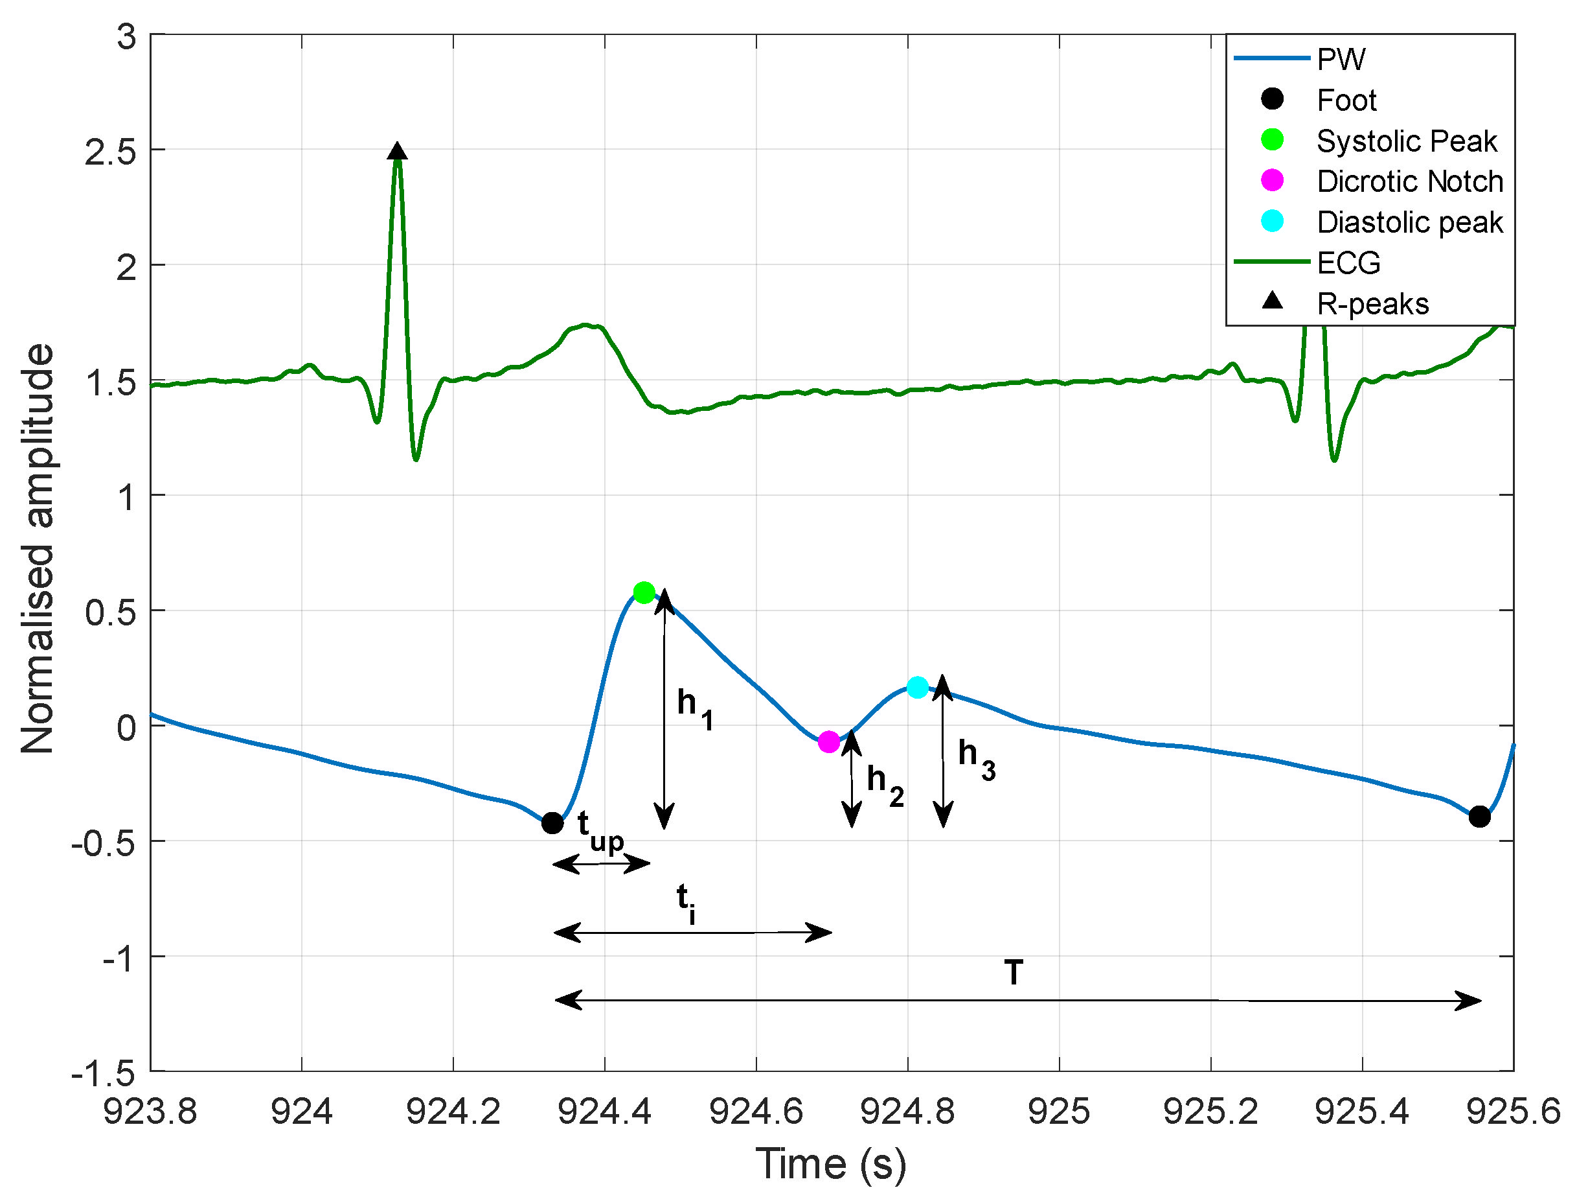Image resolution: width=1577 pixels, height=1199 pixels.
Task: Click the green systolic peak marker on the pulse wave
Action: pos(643,592)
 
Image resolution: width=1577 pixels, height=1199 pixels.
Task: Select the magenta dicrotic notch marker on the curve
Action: pos(828,742)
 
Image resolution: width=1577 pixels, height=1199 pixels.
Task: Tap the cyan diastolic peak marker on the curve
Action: pos(917,687)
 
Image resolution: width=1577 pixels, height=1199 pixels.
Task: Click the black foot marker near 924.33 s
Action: pos(552,823)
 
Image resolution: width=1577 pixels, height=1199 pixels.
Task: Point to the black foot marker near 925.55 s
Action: pos(1479,817)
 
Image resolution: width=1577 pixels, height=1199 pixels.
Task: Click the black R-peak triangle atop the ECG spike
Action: pos(397,151)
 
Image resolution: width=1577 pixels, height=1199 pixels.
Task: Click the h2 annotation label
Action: pos(885,786)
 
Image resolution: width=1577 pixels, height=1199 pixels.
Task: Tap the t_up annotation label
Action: pos(600,832)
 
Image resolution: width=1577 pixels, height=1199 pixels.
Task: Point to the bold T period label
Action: pos(1013,973)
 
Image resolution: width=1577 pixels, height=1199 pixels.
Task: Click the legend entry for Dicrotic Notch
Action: pos(1409,181)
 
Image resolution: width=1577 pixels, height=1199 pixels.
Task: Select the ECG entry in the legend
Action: pos(1348,263)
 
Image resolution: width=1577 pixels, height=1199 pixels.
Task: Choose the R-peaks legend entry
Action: pos(1372,304)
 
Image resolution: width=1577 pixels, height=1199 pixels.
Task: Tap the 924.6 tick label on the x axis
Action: pos(756,1112)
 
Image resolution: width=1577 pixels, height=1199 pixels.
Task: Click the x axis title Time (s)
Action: pos(831,1164)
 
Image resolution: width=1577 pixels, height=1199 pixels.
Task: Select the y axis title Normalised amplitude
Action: pos(37,550)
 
